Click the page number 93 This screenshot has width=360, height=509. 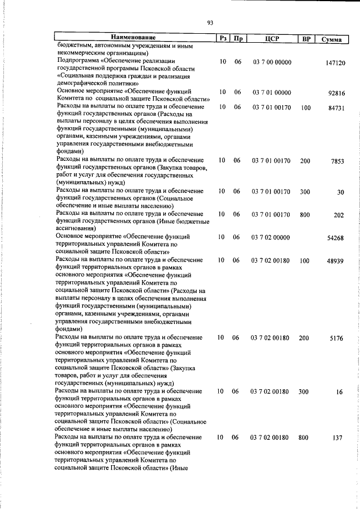[x=210, y=22]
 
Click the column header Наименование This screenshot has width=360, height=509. [x=133, y=38]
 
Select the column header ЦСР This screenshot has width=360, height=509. [x=271, y=38]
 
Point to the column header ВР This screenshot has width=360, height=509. [x=306, y=38]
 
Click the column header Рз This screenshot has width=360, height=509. [x=223, y=38]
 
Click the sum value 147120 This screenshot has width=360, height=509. [x=335, y=64]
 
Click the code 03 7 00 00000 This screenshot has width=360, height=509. [x=272, y=62]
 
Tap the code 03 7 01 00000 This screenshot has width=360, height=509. [x=272, y=92]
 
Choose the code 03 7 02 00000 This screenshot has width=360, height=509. [x=272, y=237]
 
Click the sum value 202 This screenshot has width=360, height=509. [x=339, y=215]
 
